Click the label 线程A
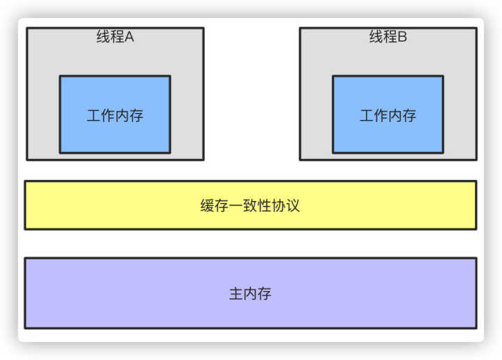pos(115,38)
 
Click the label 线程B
pos(388,38)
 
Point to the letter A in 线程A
pos(129,38)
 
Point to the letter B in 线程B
pos(402,38)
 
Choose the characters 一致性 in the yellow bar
pos(250,207)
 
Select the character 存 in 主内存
pos(264,294)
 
